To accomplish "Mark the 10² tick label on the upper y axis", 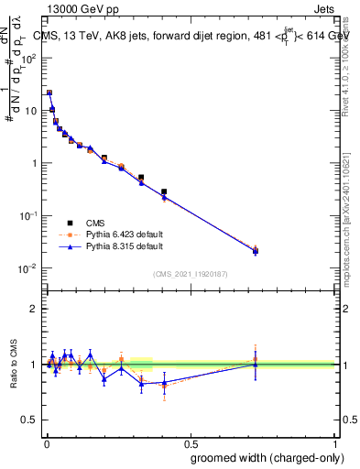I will tap(30, 58).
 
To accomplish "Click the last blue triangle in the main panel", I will tap(256, 250).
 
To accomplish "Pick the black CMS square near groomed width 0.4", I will tap(164, 192).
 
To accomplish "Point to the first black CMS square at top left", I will tap(49, 93).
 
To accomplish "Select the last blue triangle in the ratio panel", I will tap(256, 365).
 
